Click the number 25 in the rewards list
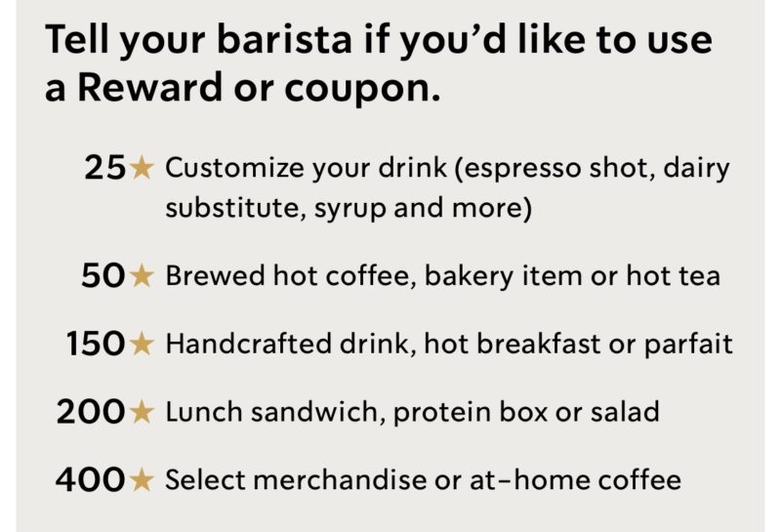pyautogui.click(x=104, y=167)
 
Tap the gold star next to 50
pyautogui.click(x=142, y=276)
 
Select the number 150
pyautogui.click(x=95, y=344)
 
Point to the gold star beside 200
pyautogui.click(x=142, y=412)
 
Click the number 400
pyautogui.click(x=90, y=479)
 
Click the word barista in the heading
pyautogui.click(x=284, y=40)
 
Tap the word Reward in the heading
pyautogui.click(x=150, y=87)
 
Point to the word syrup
pyautogui.click(x=350, y=209)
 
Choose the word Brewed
pyautogui.click(x=215, y=276)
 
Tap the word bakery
pyautogui.click(x=469, y=277)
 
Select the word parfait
pyautogui.click(x=688, y=345)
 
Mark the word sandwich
pyautogui.click(x=317, y=412)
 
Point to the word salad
pyautogui.click(x=625, y=412)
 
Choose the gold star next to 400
pyautogui.click(x=142, y=479)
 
